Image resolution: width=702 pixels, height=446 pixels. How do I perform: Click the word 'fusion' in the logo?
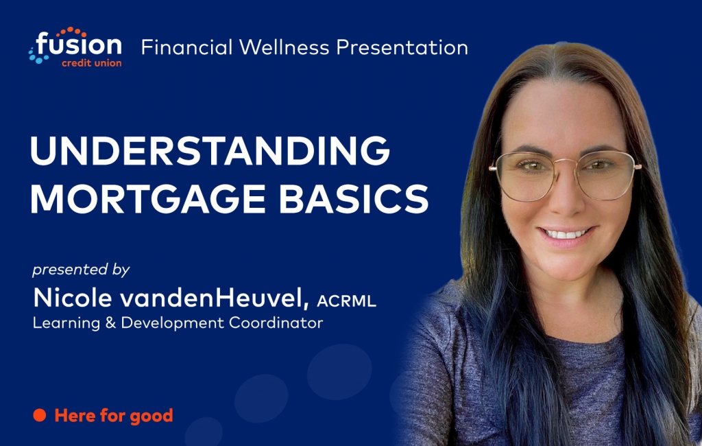coord(79,45)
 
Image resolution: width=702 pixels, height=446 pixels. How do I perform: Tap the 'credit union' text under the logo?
coord(92,63)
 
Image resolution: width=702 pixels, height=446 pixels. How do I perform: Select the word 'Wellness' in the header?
coord(284,47)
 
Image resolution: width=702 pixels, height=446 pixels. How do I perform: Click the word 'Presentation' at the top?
coord(402,47)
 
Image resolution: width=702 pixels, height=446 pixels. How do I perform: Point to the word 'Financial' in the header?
coord(186,47)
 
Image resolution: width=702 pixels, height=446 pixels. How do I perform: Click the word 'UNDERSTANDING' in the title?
coord(210,151)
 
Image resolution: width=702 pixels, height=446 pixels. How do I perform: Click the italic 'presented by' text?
coord(81,270)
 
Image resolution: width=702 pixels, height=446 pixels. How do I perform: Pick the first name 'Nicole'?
coord(72,298)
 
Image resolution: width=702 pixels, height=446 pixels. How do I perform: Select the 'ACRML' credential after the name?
coord(346,301)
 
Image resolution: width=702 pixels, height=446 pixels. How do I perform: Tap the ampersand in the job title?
coord(110,322)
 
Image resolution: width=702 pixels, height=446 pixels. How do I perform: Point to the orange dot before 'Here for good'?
coord(39,415)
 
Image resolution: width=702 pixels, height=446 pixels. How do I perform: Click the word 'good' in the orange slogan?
coord(152,416)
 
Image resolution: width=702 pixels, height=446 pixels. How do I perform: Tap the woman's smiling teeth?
coord(566,234)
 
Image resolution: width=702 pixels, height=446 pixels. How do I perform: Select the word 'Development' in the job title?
coord(172,323)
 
